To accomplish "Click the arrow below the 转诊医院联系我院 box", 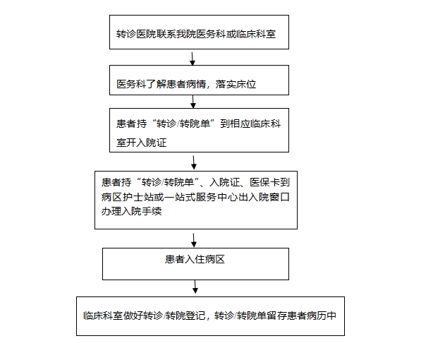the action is pos(193,59).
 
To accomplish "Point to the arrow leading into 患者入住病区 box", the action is pos(194,240).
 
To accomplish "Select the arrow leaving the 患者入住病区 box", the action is pos(195,287).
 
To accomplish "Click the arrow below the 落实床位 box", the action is pos(193,102).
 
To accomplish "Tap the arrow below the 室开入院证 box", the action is pos(194,162).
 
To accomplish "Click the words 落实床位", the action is pos(236,84).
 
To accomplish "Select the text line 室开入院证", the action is pos(141,143).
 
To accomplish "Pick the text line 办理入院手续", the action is pos(131,212).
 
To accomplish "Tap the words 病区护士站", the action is pos(126,197).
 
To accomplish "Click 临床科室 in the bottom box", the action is pos(103,316).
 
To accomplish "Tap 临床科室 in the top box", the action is pos(256,34).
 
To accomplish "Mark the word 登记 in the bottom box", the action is pos(195,316).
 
